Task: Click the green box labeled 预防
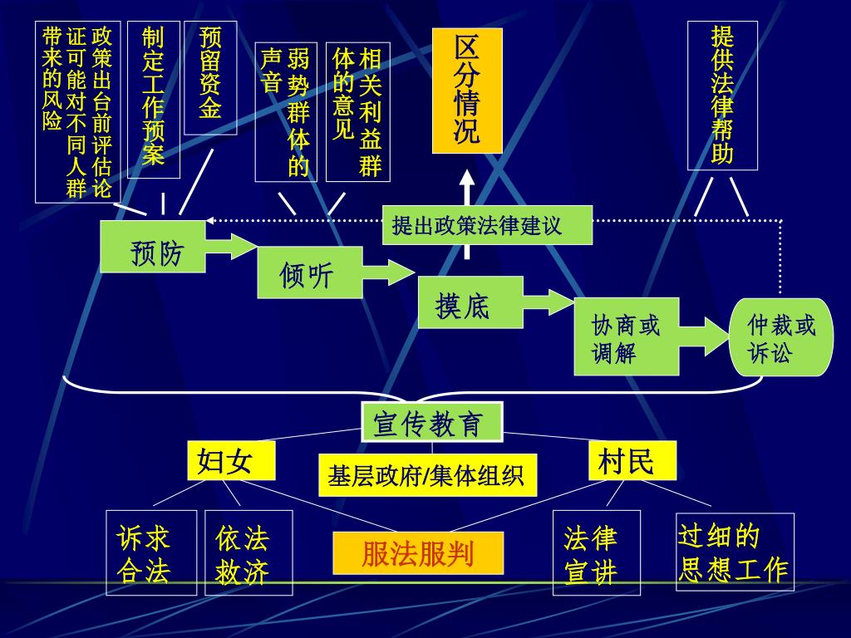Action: pos(153,247)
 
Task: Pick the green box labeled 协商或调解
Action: pos(626,338)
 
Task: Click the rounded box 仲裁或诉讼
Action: pos(780,337)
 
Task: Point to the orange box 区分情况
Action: pos(467,91)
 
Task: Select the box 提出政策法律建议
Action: pos(487,225)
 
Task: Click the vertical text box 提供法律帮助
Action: pos(722,96)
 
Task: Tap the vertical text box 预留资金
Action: pos(210,77)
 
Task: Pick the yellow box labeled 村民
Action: pos(632,460)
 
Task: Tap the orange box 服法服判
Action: pos(418,553)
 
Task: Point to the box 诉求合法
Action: pos(151,552)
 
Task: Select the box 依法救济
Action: pos(248,552)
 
